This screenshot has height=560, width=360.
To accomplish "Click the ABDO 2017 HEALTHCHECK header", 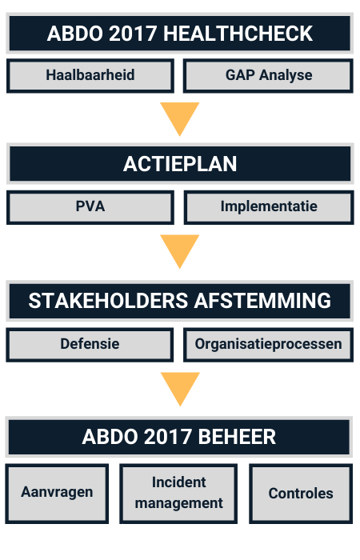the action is (x=180, y=34).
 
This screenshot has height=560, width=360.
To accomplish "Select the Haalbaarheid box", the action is (x=90, y=76).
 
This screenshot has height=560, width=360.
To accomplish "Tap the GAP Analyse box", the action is (x=268, y=76).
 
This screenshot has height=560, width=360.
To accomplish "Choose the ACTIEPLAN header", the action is (x=180, y=163).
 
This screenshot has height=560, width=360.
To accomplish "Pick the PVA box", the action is (x=90, y=207).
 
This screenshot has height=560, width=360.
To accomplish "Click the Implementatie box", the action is (x=269, y=207).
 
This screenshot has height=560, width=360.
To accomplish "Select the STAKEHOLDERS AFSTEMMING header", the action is (x=180, y=301).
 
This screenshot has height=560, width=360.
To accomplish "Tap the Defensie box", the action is (x=90, y=345).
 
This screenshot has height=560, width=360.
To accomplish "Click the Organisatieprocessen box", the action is (x=268, y=345).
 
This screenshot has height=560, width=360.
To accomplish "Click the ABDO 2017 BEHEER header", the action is (x=179, y=437).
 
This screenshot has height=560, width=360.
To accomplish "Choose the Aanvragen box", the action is (x=57, y=494).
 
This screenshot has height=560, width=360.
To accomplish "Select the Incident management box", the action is (x=178, y=494).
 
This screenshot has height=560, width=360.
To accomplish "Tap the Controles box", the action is (x=301, y=494).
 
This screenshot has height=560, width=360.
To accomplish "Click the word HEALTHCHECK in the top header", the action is (x=238, y=34).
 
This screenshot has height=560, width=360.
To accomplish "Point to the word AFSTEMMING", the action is (x=262, y=301).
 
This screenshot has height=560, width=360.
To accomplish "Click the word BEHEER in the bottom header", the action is (x=237, y=437).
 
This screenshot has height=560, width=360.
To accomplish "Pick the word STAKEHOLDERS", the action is (x=108, y=301).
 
